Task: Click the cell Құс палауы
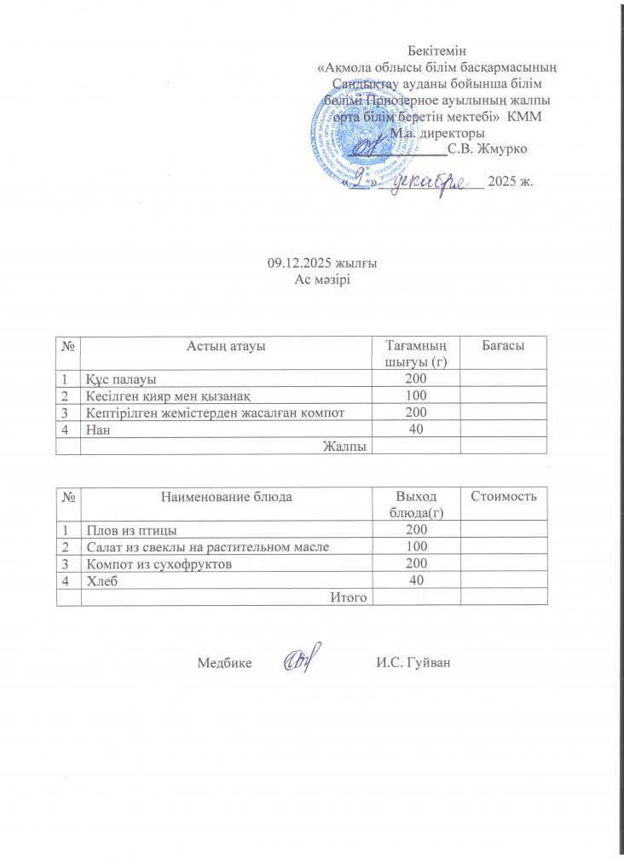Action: click(119, 378)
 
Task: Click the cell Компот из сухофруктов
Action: click(158, 564)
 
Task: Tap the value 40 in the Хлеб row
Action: click(416, 580)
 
